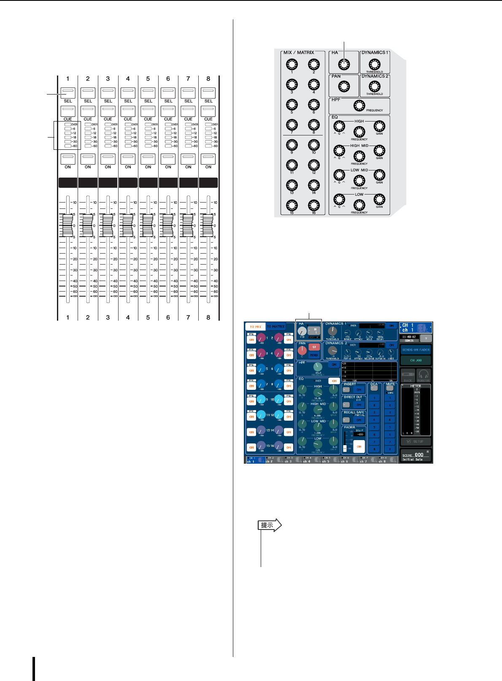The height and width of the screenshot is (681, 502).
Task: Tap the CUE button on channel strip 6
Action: [168, 111]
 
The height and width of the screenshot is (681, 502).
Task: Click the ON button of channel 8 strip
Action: [208, 159]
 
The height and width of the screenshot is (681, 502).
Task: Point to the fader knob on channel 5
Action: [148, 225]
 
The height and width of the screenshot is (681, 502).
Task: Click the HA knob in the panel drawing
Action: [344, 64]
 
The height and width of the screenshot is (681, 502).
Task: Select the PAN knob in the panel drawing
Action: [344, 87]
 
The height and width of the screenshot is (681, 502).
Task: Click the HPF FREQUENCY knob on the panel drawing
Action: [359, 105]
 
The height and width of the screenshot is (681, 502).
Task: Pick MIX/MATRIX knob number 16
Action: [313, 205]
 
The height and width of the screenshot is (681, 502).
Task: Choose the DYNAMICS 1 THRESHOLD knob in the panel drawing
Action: [374, 64]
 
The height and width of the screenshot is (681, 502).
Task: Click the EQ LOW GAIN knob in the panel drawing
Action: [379, 199]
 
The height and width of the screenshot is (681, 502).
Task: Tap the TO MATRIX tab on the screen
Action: [275, 327]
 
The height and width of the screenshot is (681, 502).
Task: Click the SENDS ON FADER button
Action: [416, 350]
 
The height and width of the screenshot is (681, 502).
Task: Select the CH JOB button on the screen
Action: [416, 360]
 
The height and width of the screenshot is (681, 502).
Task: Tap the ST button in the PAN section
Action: [314, 347]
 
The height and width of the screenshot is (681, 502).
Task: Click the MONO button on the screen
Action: [314, 355]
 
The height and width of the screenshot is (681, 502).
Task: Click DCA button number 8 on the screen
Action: [374, 449]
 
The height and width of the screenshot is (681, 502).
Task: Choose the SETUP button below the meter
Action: [416, 441]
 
